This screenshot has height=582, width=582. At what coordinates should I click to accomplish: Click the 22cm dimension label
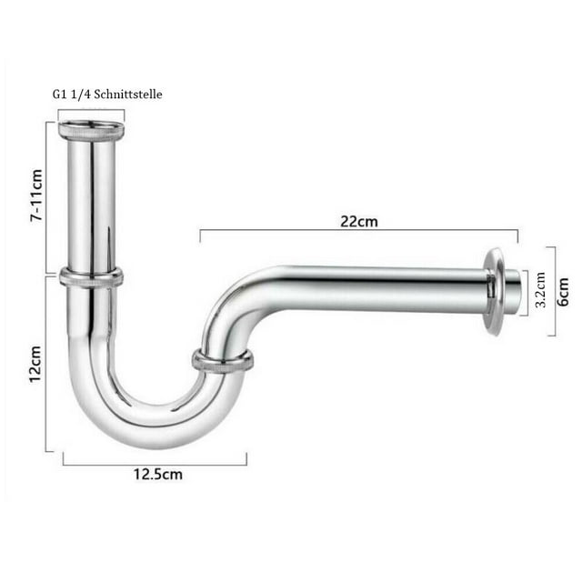359,222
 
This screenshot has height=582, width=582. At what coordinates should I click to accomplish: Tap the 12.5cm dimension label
158,475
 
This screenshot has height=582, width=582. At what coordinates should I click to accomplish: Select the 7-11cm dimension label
36,196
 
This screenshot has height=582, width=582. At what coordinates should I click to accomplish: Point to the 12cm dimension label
36,364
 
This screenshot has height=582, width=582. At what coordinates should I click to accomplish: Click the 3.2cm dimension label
540,290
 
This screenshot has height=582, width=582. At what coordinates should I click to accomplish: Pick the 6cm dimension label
563,292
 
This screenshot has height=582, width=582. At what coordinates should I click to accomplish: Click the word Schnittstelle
128,95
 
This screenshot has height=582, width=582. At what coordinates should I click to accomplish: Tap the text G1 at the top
59,95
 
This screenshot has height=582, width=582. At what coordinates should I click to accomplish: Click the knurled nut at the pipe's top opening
91,130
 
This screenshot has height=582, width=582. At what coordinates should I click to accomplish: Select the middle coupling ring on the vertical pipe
91,277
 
